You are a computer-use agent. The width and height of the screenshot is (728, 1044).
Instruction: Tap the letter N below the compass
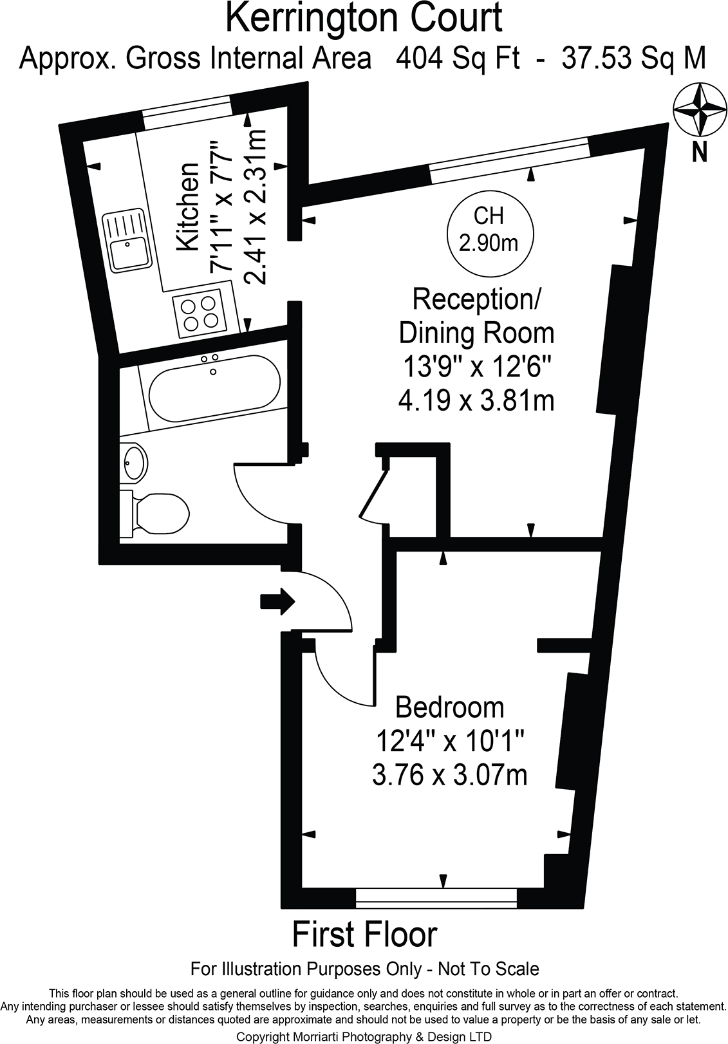coord(699,152)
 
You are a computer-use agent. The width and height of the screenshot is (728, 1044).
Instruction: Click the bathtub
coord(213,387)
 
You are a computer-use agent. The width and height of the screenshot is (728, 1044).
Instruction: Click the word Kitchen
coord(188,207)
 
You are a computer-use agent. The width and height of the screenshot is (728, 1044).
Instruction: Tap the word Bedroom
coord(449,707)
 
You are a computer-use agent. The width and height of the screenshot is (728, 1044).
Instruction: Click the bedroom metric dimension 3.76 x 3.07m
coord(449,774)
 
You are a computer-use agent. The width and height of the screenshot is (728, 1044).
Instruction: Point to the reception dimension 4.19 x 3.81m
coord(476,400)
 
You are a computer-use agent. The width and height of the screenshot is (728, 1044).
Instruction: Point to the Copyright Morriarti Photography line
coord(364,1036)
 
